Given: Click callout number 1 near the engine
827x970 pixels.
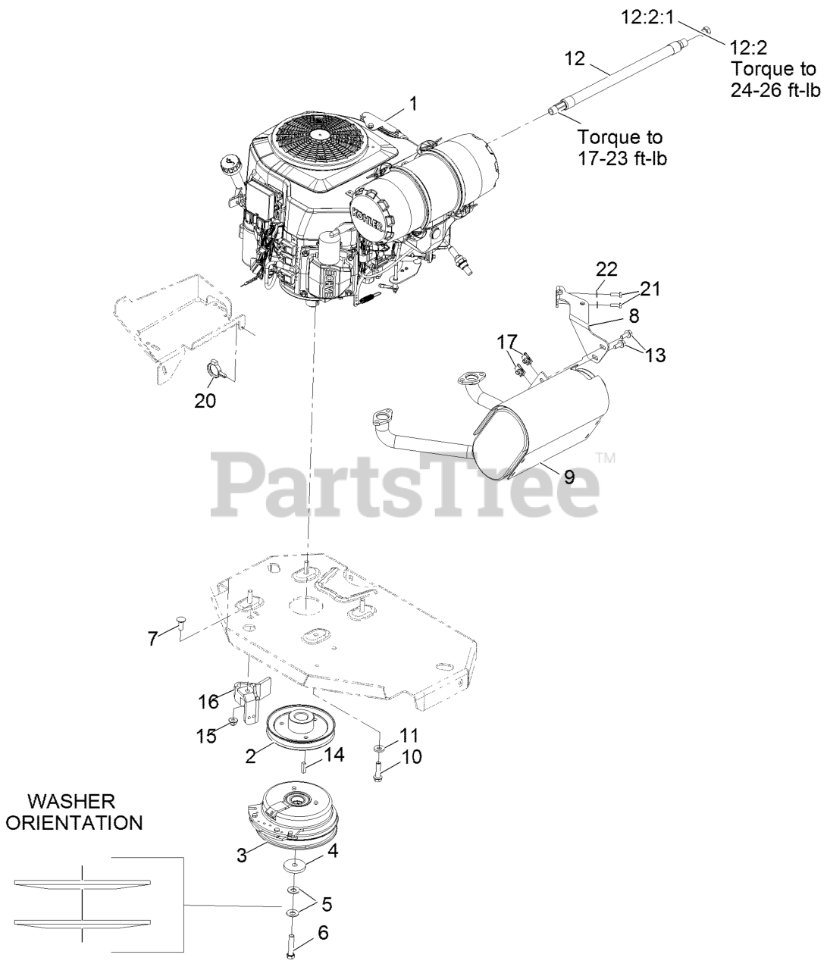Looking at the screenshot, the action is pos(413,103).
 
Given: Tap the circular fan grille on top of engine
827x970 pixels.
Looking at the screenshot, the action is pos(318,134).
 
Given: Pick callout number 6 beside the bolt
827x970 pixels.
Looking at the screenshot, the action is pos(322,934).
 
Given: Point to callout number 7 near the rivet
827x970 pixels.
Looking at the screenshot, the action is pos(152,639).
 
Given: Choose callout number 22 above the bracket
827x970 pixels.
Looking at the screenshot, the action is pos(607,268).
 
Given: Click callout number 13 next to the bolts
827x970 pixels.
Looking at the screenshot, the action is pos(656,354).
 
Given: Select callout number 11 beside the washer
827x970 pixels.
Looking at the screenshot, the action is pos(409,734).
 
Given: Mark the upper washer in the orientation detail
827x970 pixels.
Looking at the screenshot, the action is pos(83,882).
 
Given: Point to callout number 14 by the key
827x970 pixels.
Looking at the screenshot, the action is pos(334,754).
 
